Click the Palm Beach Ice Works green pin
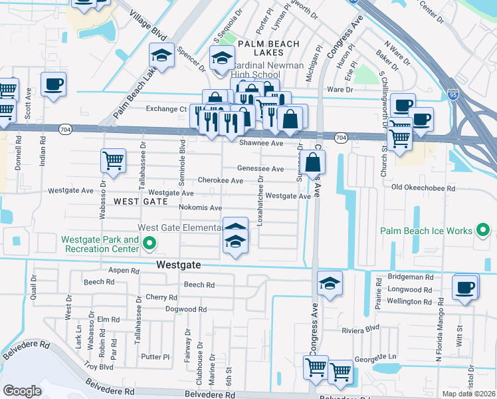pos(483,231)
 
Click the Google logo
pos(22,391)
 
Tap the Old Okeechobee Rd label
pos(423,188)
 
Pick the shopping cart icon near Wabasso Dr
pos(113,160)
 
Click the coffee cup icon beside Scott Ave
pos(53,84)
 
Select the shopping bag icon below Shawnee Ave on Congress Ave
pos(313,162)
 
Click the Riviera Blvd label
pos(360,328)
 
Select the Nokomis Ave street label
pos(200,207)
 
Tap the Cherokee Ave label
pos(220,180)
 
